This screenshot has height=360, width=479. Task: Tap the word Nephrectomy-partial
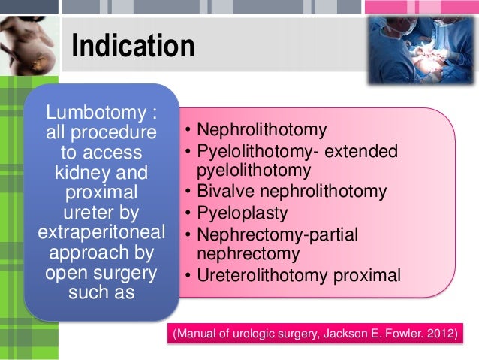[x=277, y=235]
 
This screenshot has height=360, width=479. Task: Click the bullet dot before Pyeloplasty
[x=188, y=213]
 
